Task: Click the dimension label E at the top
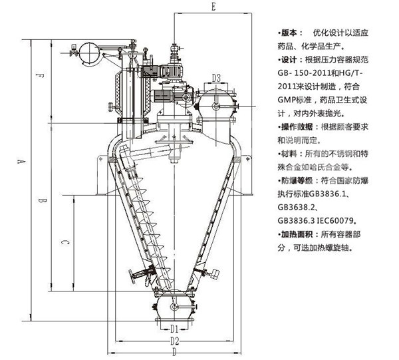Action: tap(213, 7)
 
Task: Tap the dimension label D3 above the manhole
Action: tap(216, 78)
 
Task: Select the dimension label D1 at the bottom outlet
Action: tap(174, 329)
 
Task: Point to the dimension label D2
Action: tap(174, 341)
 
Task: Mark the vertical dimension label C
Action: tap(65, 242)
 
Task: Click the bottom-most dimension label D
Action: tap(174, 352)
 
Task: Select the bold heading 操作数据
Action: tap(297, 127)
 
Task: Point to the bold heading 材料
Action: tap(289, 154)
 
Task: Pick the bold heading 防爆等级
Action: tap(297, 181)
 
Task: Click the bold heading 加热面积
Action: tap(297, 234)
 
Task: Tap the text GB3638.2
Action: tap(296, 207)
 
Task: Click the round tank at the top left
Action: tap(89, 53)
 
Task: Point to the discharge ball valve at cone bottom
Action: tap(174, 307)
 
